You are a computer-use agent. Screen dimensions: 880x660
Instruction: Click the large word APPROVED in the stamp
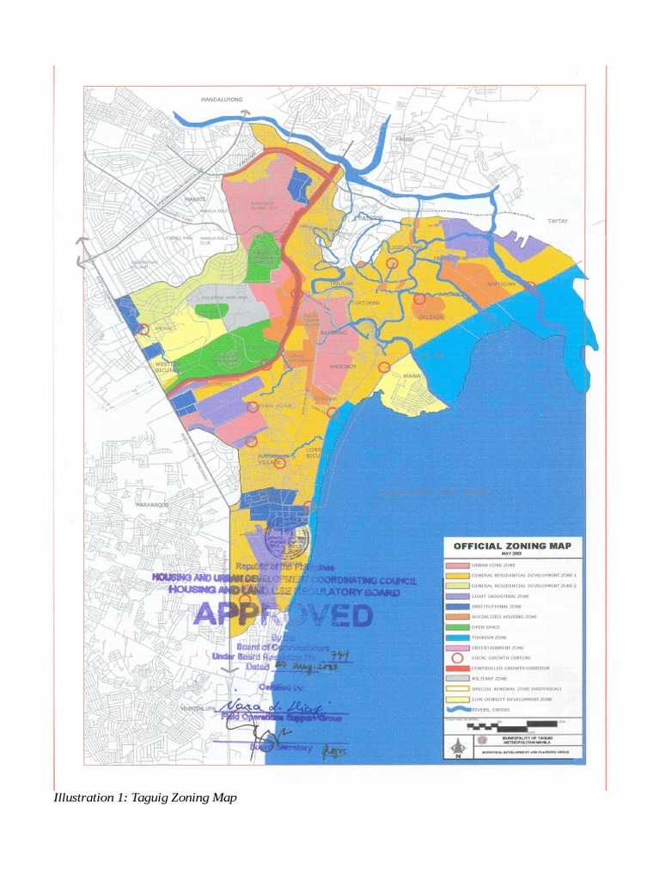point(283,615)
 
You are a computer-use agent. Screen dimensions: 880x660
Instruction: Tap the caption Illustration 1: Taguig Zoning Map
point(144,797)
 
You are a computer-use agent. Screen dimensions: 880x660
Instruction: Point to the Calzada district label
point(430,316)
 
